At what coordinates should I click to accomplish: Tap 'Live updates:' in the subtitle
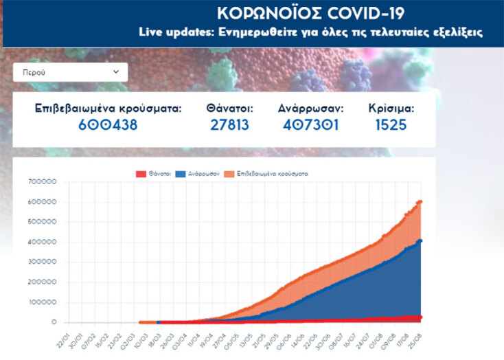(173, 32)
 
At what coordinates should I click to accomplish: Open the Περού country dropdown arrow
(115, 71)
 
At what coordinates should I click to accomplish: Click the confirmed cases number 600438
(108, 125)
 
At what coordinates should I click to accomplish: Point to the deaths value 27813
(229, 125)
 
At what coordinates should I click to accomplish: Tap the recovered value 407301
(311, 125)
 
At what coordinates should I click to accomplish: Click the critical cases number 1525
(391, 125)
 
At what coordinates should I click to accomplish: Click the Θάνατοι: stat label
(229, 108)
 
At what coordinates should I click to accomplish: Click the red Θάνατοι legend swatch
(138, 175)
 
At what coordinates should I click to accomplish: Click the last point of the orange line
(420, 202)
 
